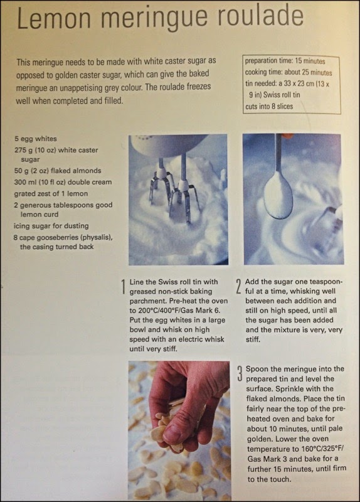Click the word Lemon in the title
click(54, 18)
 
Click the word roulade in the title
click(260, 17)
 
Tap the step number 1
click(123, 286)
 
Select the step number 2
click(238, 286)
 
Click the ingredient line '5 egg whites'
click(36, 139)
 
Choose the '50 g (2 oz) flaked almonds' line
click(58, 171)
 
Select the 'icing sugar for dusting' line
click(51, 226)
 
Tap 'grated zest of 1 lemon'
click(51, 194)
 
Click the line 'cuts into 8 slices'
click(269, 106)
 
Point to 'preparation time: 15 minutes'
click(285, 61)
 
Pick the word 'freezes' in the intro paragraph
click(199, 87)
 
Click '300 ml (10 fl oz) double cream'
click(63, 182)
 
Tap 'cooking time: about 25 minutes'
click(289, 72)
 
